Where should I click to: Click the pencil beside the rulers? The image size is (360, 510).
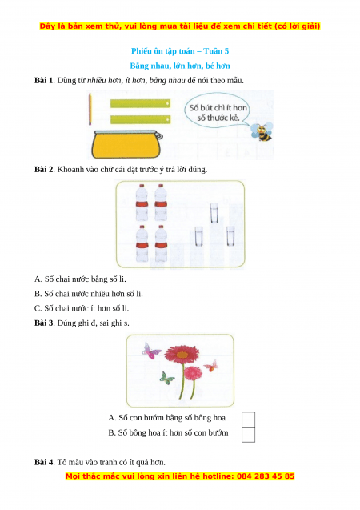click(90, 109)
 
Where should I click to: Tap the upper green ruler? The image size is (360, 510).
click(140, 103)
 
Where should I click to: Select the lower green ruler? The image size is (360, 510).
click(140, 119)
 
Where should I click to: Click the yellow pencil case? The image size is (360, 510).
click(126, 144)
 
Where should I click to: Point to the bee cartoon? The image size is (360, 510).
click(262, 131)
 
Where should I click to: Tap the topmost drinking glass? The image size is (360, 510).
click(214, 213)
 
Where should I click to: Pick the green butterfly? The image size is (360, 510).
click(167, 378)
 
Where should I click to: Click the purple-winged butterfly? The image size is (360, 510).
click(151, 351)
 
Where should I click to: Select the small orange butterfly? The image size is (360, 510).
click(211, 366)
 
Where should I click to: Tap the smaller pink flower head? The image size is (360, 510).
click(194, 373)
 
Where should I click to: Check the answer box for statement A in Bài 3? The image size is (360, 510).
click(249, 420)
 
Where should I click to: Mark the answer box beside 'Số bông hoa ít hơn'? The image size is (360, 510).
click(249, 435)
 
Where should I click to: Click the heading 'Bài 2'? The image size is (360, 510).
click(44, 170)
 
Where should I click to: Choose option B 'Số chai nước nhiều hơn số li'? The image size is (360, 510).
click(88, 294)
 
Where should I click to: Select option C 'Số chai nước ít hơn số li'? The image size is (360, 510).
click(82, 308)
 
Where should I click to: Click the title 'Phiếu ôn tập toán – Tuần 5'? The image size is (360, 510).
click(180, 51)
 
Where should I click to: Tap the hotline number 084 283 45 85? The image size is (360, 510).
click(266, 476)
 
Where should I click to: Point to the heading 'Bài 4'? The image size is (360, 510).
click(44, 462)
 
